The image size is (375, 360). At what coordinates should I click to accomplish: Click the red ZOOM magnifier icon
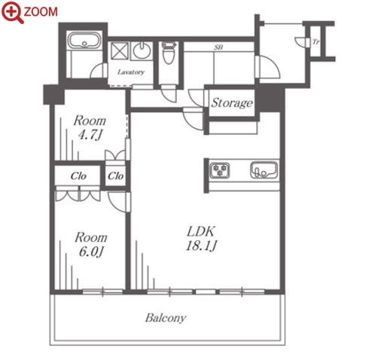[x=12, y=12]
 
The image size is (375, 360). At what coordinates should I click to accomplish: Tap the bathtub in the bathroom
[x=84, y=41]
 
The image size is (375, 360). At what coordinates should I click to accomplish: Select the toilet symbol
[x=168, y=53]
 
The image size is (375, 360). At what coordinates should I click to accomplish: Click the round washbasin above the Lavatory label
[x=142, y=50]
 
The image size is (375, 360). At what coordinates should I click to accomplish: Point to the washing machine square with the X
[x=120, y=51]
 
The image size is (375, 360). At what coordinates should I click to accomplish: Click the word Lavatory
[x=131, y=72]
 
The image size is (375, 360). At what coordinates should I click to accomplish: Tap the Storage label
[x=232, y=103]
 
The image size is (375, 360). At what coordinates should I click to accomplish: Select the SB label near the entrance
[x=218, y=47]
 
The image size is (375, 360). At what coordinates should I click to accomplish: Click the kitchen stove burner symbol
[x=220, y=170]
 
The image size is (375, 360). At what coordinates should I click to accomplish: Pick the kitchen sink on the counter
[x=264, y=170]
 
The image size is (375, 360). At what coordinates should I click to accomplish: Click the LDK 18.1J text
[x=201, y=239]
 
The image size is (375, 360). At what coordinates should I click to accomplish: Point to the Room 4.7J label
[x=90, y=128]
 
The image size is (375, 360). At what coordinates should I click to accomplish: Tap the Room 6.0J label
[x=91, y=245]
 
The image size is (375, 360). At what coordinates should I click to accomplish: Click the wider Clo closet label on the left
[x=78, y=176]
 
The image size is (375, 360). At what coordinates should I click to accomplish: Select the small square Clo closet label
[x=115, y=176]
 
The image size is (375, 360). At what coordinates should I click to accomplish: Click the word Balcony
[x=166, y=318]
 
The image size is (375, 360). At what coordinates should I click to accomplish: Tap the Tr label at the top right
[x=316, y=41]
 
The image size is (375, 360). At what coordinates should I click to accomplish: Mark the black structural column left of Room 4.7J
[x=53, y=95]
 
